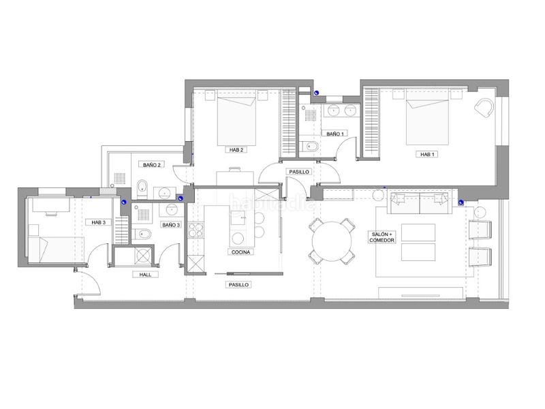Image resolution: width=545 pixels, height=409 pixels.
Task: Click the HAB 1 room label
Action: (427, 155)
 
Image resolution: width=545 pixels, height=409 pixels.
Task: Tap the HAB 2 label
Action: (236, 150)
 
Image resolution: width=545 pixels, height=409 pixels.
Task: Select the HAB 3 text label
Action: (98, 222)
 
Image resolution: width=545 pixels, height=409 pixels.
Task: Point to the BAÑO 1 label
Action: (335, 134)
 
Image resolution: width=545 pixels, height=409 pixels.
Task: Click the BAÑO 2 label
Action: (152, 165)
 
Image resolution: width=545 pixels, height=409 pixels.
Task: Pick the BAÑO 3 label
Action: (171, 225)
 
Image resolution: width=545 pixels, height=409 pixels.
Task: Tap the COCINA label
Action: (240, 252)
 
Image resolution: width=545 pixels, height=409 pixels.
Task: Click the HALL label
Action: (145, 275)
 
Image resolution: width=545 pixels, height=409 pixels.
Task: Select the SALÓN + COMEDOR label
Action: (381, 237)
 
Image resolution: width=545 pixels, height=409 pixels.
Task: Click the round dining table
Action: (332, 241)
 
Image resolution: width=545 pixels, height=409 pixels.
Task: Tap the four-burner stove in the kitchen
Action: (196, 230)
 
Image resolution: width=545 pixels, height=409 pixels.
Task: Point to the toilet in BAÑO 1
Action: (311, 147)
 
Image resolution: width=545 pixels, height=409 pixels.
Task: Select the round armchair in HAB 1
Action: (484, 108)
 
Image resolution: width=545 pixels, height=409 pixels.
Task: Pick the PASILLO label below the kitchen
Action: (238, 284)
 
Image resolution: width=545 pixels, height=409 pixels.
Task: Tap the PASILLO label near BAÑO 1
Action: (299, 172)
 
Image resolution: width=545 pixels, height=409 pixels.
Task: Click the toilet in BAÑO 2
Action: (142, 188)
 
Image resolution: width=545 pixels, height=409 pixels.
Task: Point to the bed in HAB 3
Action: (56, 249)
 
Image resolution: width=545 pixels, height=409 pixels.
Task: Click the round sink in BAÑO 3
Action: (172, 210)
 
